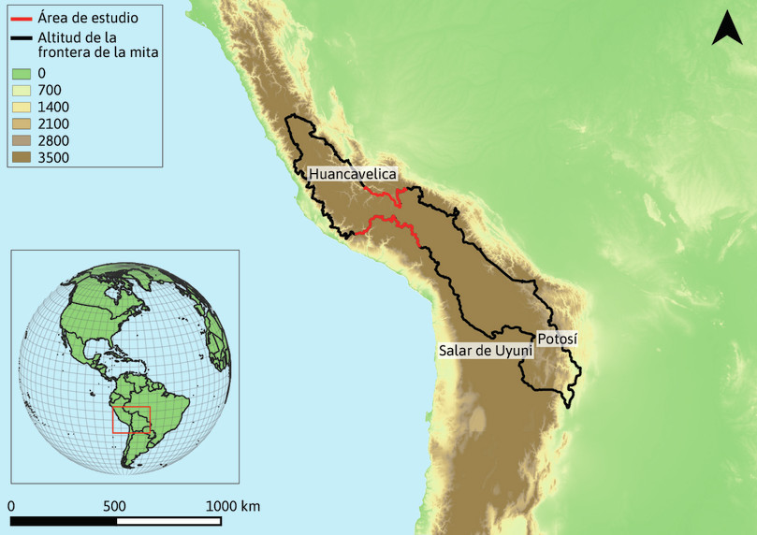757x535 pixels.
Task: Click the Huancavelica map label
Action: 353,174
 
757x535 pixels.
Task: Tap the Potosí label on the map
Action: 558,339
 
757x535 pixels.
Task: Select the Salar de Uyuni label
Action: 485,351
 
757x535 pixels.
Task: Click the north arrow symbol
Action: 727,29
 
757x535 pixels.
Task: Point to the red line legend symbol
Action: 22,19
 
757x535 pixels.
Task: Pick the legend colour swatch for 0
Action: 22,73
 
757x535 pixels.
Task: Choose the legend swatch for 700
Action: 22,90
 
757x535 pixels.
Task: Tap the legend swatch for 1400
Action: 22,107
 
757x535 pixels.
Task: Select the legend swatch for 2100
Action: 22,123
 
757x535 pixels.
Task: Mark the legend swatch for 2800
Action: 22,140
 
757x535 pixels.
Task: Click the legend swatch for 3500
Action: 22,157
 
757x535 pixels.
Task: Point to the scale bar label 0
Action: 10,506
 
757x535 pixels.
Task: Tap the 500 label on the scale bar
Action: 114,506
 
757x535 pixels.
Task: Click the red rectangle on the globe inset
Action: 131,420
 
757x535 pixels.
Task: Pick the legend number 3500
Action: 53,157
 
